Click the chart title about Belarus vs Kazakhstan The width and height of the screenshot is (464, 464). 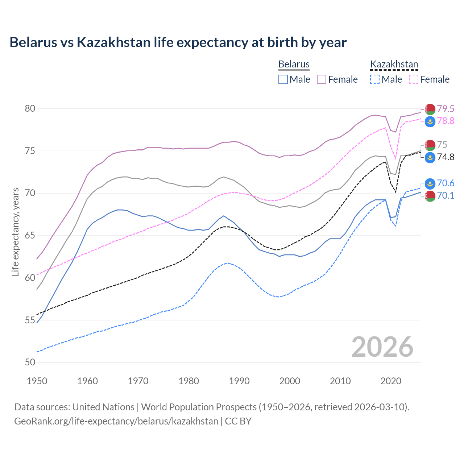178,42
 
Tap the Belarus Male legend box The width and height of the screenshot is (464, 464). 283,79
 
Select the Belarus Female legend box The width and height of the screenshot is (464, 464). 322,79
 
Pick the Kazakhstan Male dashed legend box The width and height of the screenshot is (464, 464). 375,79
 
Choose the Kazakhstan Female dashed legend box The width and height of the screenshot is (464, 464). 414,79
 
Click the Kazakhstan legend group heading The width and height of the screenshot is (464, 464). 394,65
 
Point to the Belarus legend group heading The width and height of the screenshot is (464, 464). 294,65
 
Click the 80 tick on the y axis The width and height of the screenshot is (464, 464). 30,108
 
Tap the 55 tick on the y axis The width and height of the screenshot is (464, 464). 30,320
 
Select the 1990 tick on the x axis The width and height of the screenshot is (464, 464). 239,381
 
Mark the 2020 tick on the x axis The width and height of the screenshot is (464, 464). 391,381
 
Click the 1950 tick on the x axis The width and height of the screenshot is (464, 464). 37,381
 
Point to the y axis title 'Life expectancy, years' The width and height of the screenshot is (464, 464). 15,232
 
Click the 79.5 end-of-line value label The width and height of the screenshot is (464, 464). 446,109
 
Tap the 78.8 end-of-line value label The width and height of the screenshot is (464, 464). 446,121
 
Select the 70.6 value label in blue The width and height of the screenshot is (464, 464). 446,183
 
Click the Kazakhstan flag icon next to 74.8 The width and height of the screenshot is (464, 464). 430,157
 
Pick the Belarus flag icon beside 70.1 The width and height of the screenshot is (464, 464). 430,196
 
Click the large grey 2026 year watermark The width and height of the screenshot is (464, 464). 382,347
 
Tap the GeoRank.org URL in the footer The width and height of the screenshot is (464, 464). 116,421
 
